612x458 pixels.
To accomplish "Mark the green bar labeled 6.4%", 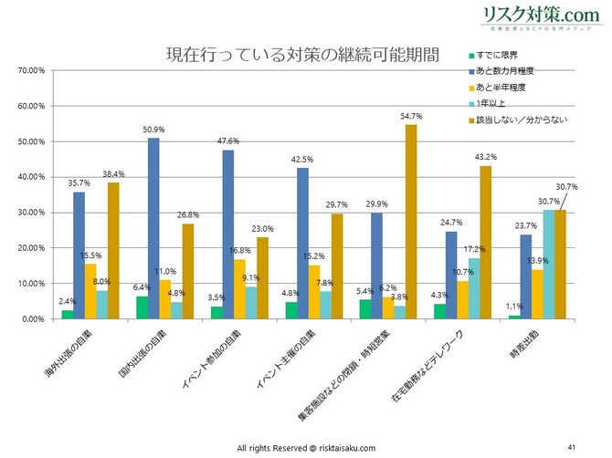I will pyautogui.click(x=142, y=307).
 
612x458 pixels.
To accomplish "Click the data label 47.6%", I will pyautogui.click(x=228, y=141).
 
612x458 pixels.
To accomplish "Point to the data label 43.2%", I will pyautogui.click(x=486, y=157).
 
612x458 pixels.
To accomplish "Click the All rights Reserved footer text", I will pyautogui.click(x=306, y=448).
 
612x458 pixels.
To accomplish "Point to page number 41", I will pyautogui.click(x=571, y=447).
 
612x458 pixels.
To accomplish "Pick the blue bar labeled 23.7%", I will pyautogui.click(x=526, y=276).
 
